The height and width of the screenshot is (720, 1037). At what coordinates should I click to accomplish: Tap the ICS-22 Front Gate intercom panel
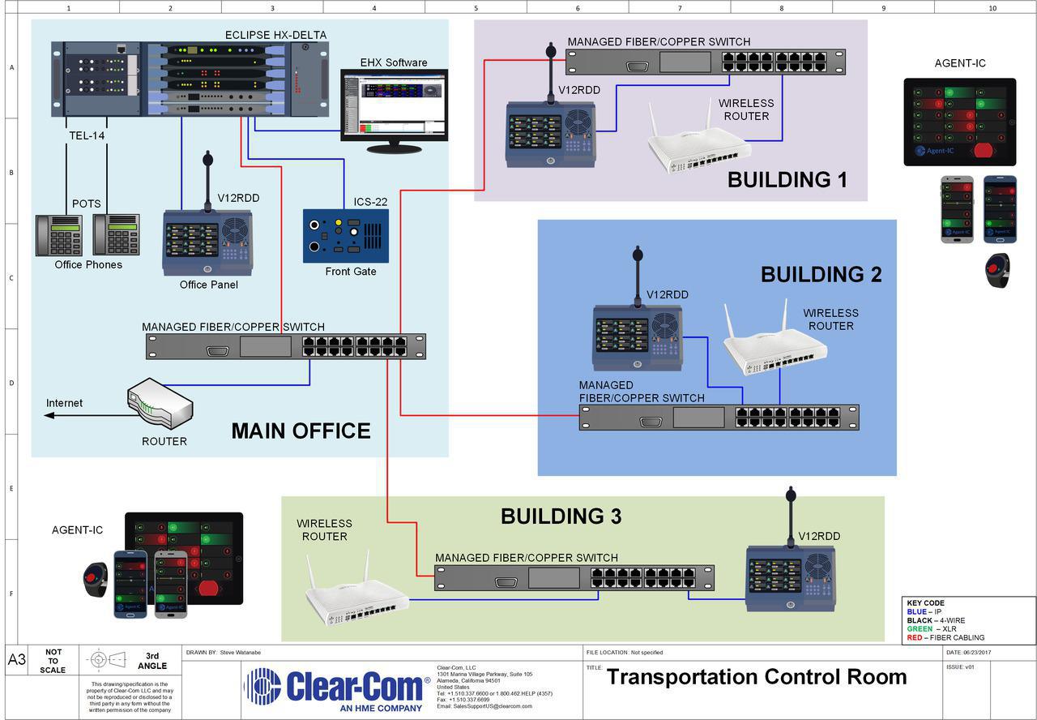click(x=345, y=235)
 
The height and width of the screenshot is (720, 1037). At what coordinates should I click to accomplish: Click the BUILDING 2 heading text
click(x=820, y=274)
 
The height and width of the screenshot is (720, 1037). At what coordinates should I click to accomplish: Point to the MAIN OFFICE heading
click(x=301, y=431)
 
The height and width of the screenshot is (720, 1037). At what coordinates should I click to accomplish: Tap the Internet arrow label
click(x=64, y=403)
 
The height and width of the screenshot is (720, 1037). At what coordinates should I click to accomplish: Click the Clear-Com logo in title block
click(x=336, y=688)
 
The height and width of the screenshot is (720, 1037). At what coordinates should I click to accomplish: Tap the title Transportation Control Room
click(x=756, y=677)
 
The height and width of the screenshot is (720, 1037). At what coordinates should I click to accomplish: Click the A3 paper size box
click(x=17, y=660)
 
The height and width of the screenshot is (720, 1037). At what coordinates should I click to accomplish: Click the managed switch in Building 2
click(x=719, y=418)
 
